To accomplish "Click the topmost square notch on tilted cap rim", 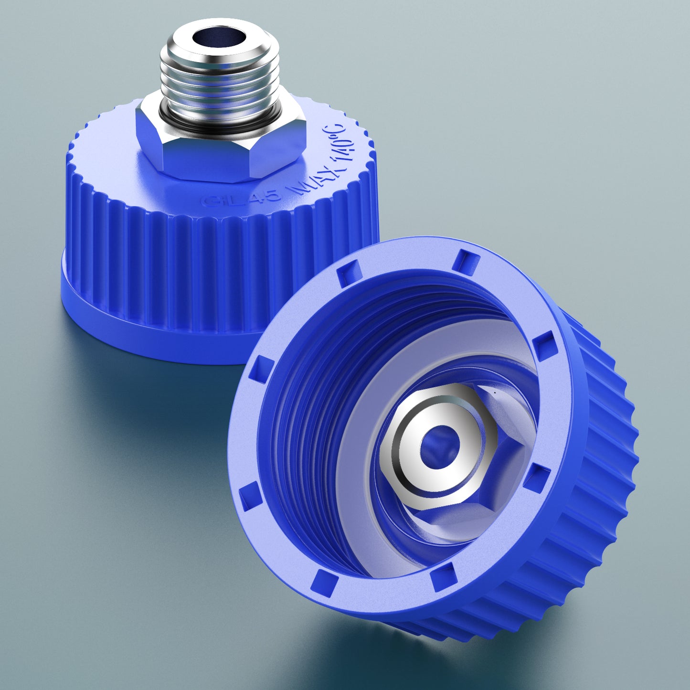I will coord(466,262).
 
